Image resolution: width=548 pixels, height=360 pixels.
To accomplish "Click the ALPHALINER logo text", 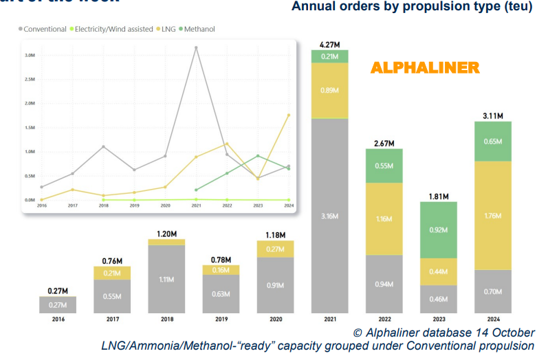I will tap(424, 67).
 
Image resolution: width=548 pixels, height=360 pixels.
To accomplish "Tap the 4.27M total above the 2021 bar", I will tap(330, 44).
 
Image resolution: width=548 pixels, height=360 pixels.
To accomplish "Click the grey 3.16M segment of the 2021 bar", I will tap(330, 216).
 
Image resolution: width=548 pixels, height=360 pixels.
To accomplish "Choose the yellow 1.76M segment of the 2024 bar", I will tap(493, 215).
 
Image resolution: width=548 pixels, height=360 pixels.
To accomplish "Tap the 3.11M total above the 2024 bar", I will tap(493, 116).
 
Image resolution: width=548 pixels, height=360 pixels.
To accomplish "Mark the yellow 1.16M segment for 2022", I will tap(384, 218).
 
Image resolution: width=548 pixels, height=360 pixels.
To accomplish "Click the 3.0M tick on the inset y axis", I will tap(30, 55).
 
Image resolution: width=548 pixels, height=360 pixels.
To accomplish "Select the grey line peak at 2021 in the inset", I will tap(197, 47).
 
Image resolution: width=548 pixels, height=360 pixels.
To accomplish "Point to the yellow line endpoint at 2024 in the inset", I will tap(288, 115).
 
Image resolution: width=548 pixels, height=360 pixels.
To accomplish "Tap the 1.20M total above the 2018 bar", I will tap(167, 233).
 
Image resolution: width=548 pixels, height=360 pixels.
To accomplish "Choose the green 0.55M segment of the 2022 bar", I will tap(384, 166).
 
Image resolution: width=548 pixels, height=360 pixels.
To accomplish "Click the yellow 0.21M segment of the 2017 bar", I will tap(112, 273).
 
